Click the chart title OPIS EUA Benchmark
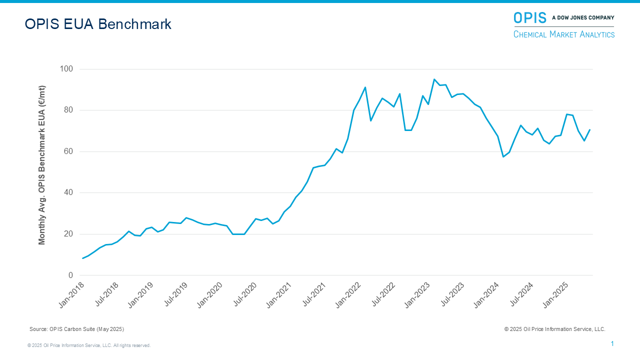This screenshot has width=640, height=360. pyautogui.click(x=98, y=24)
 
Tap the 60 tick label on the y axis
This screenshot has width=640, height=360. pyautogui.click(x=68, y=151)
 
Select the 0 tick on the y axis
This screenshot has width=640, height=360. pyautogui.click(x=70, y=275)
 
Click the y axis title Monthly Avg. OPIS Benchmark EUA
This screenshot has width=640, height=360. pyautogui.click(x=42, y=165)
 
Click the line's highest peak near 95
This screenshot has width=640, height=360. pyautogui.click(x=434, y=79)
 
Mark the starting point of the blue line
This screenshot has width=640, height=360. pyautogui.click(x=82, y=258)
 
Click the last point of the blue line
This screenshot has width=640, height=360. pyautogui.click(x=590, y=130)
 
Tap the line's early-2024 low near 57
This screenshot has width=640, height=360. pyautogui.click(x=503, y=157)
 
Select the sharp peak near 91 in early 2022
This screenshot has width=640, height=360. pyautogui.click(x=365, y=87)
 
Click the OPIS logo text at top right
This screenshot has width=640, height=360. pyautogui.click(x=530, y=18)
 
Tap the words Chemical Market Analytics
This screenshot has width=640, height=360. pyautogui.click(x=564, y=34)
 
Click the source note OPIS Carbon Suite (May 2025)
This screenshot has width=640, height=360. pyautogui.click(x=76, y=329)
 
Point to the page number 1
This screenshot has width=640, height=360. pyautogui.click(x=612, y=343)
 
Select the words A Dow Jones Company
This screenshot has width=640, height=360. pyautogui.click(x=583, y=18)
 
